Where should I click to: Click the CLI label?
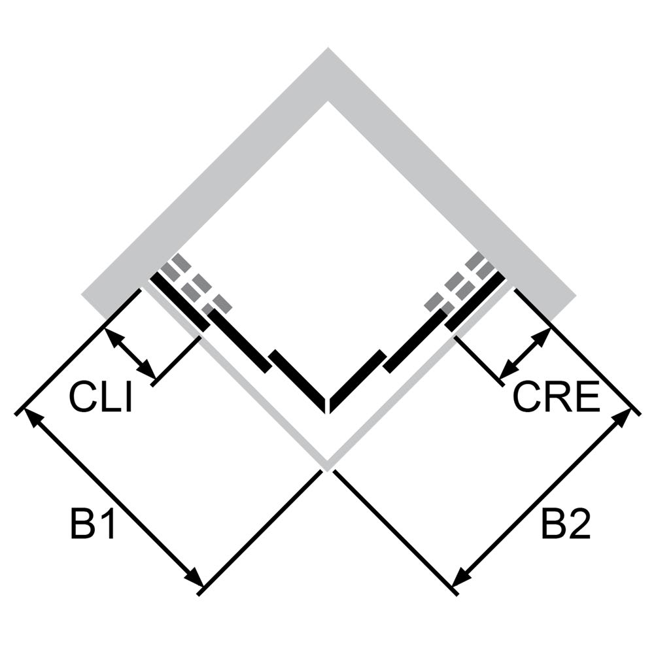(x=101, y=398)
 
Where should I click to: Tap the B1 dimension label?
(x=93, y=523)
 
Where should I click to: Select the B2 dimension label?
(x=566, y=523)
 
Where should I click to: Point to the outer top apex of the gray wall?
(x=328, y=48)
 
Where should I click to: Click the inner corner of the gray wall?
(x=328, y=101)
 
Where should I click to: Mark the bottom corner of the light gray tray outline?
(x=328, y=468)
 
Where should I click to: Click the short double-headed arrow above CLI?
(x=130, y=353)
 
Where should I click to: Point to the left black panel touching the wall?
(x=180, y=301)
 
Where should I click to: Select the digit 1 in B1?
(x=107, y=523)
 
